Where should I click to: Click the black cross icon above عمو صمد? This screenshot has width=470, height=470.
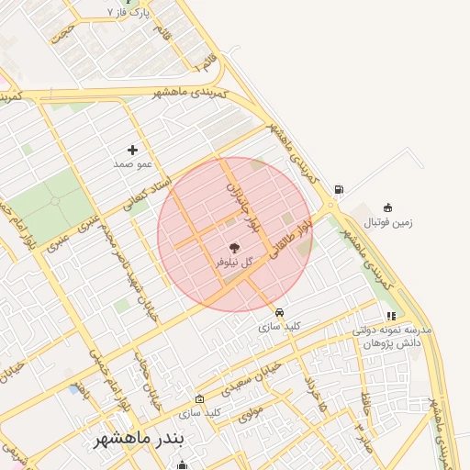coord(133,149)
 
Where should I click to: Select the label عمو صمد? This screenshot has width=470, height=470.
coord(131,163)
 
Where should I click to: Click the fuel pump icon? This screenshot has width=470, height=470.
coord(340,190)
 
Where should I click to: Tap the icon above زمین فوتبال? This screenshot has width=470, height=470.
coord(387,207)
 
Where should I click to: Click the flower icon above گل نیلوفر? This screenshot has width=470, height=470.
coord(233,247)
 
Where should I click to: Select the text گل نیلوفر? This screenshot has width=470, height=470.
coord(232,263)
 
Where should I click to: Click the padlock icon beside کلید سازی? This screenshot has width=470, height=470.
coord(200,398)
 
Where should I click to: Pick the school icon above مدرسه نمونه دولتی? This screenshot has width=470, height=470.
coord(392,316)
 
